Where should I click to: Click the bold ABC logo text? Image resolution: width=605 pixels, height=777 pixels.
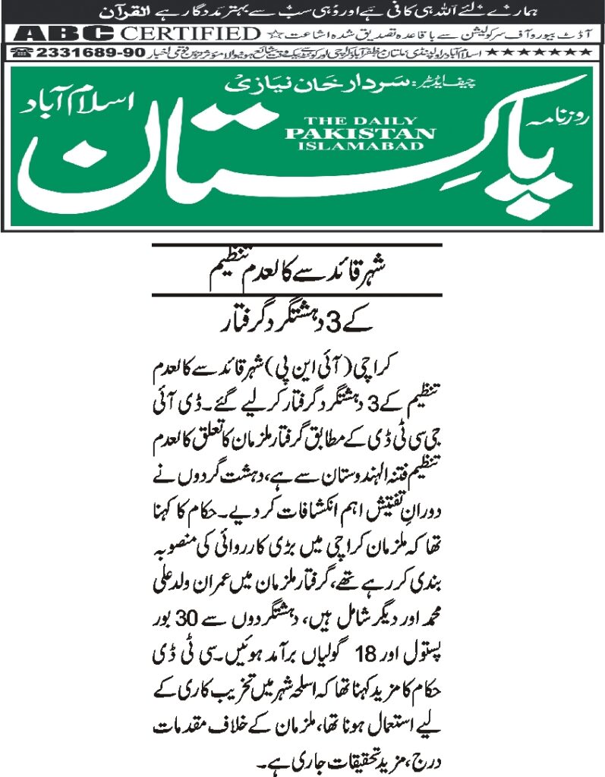68,33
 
